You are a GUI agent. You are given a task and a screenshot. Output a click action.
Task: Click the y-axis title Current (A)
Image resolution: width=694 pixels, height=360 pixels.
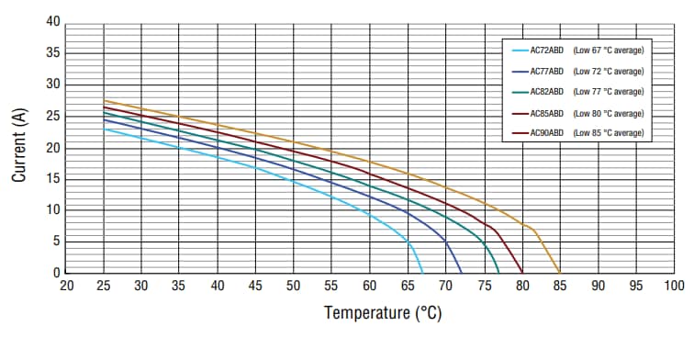pos(19,147)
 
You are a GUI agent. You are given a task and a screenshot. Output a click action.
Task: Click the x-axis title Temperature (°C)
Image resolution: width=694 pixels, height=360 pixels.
pos(383,313)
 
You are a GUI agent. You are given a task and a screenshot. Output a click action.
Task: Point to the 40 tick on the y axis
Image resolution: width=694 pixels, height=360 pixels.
pos(52,22)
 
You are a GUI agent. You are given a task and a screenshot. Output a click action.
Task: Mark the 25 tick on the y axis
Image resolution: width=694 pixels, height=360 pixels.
pos(52,116)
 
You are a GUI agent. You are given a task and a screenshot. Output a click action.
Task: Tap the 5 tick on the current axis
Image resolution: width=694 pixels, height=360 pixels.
pos(56,242)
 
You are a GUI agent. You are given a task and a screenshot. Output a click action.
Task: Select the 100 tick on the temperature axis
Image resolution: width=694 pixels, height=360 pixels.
pos(674,286)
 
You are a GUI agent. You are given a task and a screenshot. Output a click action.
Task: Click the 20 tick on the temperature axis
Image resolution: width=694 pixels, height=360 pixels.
pos(66,286)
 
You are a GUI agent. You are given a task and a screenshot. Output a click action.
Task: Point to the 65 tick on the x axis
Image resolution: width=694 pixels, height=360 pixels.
pos(409,286)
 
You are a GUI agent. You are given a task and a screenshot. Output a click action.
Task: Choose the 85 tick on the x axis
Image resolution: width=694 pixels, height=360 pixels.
pos(560,286)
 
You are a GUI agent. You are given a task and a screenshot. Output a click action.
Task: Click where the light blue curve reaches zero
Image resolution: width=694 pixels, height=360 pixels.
pos(422,273)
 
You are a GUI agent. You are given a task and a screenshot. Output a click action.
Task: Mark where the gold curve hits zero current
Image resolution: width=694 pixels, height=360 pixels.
pos(560,273)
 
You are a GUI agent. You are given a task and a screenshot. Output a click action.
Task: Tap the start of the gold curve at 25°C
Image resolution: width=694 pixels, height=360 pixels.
pos(104,100)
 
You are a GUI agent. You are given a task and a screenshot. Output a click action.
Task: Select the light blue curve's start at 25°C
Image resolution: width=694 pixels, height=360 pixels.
pos(104,129)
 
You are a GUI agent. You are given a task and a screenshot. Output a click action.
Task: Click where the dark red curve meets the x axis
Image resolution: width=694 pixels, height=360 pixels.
pos(522,273)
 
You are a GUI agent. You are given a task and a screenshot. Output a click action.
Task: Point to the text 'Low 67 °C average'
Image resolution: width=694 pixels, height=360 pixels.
pos(608,50)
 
